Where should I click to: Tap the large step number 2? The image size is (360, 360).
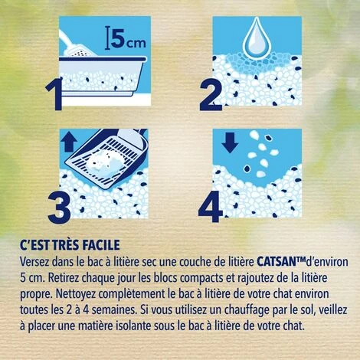pos(211,94)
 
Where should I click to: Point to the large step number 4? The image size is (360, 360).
pos(211,207)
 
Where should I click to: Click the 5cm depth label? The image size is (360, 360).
pos(126,40)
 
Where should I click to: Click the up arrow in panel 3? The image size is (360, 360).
pos(69,143)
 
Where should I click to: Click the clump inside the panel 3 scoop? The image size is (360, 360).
pos(102,165)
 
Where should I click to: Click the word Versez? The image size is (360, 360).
pos(34,262)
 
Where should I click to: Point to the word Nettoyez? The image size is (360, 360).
pos(75,294)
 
